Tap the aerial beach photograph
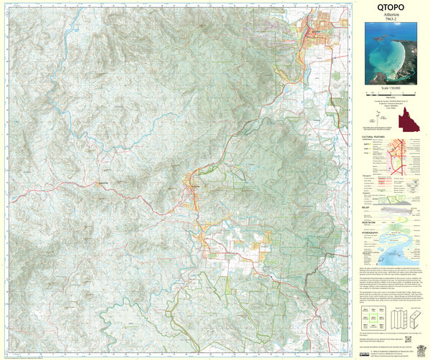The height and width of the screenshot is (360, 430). [392, 53]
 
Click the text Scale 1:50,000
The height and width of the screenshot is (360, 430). [392, 87]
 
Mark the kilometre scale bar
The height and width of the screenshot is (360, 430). [392, 94]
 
